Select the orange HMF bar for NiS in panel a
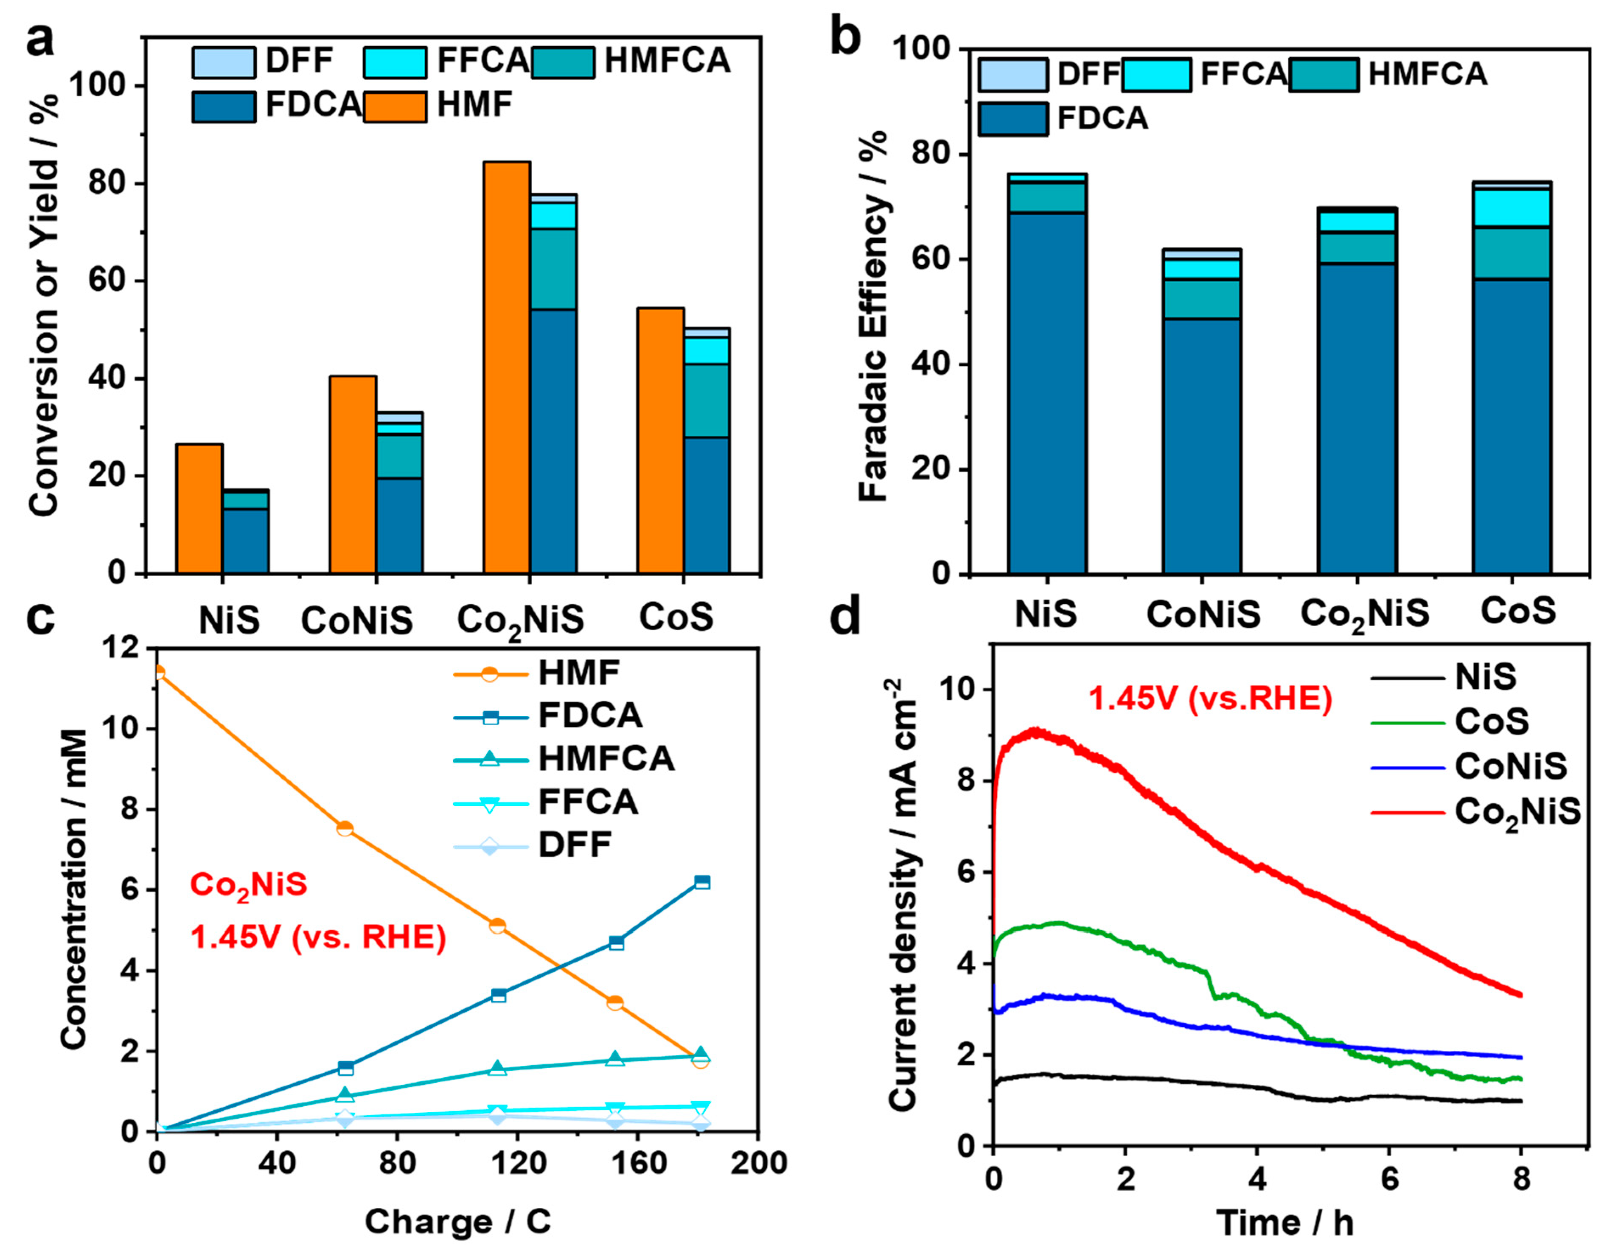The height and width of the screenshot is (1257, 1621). [199, 508]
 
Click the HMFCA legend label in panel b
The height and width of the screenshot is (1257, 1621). [1427, 74]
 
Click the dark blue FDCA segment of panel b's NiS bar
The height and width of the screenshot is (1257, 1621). [1046, 393]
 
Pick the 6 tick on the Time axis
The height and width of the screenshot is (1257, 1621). [1389, 1179]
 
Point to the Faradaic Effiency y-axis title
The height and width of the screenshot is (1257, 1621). [874, 316]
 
